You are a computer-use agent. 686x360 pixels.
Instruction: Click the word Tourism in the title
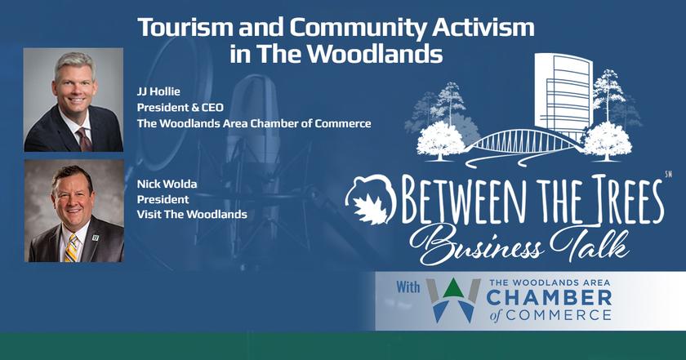pyautogui.click(x=185, y=28)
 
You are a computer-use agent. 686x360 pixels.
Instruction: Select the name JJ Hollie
pyautogui.click(x=158, y=92)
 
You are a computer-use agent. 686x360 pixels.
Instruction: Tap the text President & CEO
pyautogui.click(x=180, y=108)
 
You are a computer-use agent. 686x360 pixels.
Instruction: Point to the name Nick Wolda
pyautogui.click(x=167, y=184)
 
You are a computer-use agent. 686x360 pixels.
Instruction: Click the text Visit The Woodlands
pyautogui.click(x=192, y=215)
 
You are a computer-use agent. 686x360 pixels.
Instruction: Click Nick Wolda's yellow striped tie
pyautogui.click(x=71, y=248)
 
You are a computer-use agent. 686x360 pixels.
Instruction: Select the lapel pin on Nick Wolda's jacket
pyautogui.click(x=96, y=238)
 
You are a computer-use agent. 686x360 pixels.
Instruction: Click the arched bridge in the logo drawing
pyautogui.click(x=526, y=142)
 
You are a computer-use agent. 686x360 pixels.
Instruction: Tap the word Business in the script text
pyautogui.click(x=477, y=245)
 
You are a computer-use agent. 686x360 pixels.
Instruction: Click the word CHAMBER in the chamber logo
pyautogui.click(x=549, y=298)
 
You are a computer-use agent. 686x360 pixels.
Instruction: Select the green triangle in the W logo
pyautogui.click(x=453, y=289)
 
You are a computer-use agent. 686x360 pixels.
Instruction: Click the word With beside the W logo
pyautogui.click(x=408, y=287)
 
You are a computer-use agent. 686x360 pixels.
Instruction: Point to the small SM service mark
pyautogui.click(x=668, y=175)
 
